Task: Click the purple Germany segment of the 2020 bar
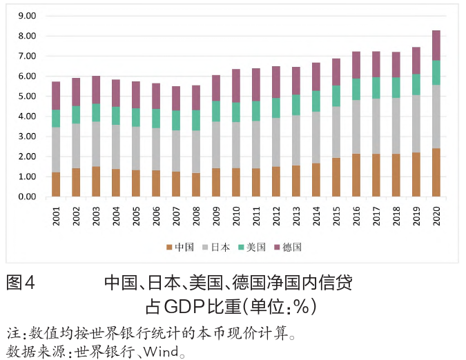(436, 45)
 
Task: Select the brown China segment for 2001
(56, 184)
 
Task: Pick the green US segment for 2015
(336, 96)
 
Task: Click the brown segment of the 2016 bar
(356, 175)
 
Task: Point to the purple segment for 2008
(196, 98)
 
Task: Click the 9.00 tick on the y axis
(27, 16)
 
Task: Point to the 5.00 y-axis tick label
(27, 97)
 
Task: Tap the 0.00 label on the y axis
(27, 197)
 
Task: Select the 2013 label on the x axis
(297, 216)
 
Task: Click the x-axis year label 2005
(137, 216)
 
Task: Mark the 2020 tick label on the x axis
(437, 216)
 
